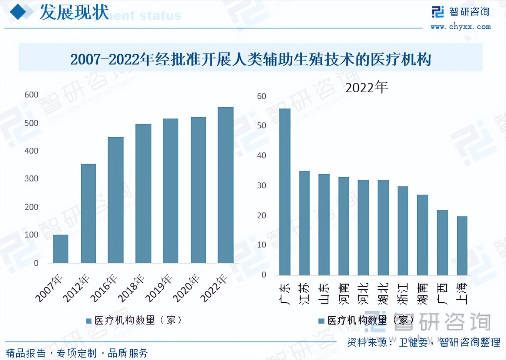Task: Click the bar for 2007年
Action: pyautogui.click(x=61, y=249)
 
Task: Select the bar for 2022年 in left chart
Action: pyautogui.click(x=225, y=185)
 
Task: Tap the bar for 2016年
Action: pyautogui.click(x=116, y=200)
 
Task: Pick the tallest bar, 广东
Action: pyautogui.click(x=285, y=192)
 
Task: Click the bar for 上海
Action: pyautogui.click(x=462, y=246)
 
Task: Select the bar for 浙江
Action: pyautogui.click(x=403, y=231)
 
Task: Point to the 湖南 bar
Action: pyautogui.click(x=422, y=235)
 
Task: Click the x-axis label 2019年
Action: pyautogui.click(x=159, y=288)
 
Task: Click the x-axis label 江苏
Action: pyautogui.click(x=304, y=293)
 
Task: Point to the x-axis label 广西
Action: pyautogui.click(x=442, y=293)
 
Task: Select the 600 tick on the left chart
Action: pyautogui.click(x=32, y=95)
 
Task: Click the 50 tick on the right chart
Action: pyautogui.click(x=261, y=126)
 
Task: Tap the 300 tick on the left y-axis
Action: pyautogui.click(x=32, y=179)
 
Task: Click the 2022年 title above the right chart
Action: pyautogui.click(x=366, y=88)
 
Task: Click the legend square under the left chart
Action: pyautogui.click(x=89, y=321)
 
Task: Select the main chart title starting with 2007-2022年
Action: pyautogui.click(x=250, y=59)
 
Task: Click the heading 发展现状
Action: pyautogui.click(x=74, y=13)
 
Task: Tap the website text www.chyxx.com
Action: pyautogui.click(x=461, y=27)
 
